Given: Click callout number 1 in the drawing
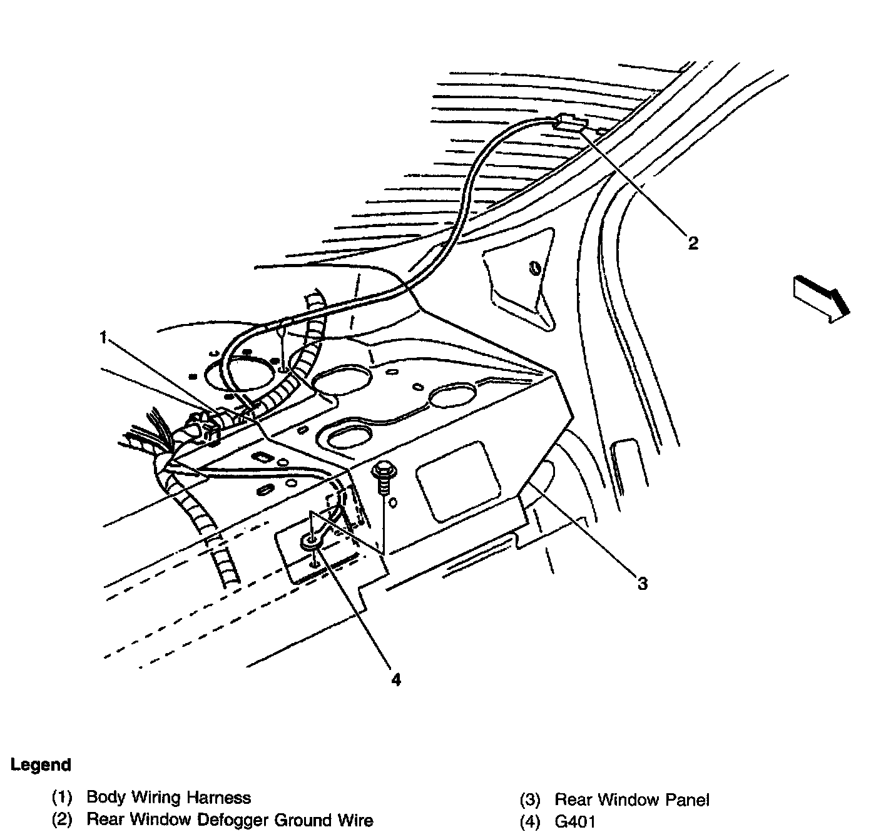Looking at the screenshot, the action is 103,338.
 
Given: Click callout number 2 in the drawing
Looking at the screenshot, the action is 692,243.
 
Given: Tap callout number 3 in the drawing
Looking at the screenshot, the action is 643,584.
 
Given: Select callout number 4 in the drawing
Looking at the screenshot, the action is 395,679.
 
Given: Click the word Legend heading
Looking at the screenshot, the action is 41,764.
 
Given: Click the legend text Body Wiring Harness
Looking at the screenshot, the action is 168,798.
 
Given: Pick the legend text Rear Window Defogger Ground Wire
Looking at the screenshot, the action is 230,820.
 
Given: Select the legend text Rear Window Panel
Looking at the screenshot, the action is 632,799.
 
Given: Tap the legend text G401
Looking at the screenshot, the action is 575,821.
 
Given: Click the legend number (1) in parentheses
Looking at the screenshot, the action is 62,798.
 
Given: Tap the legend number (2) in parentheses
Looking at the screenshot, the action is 62,820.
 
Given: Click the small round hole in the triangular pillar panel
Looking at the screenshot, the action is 535,270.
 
